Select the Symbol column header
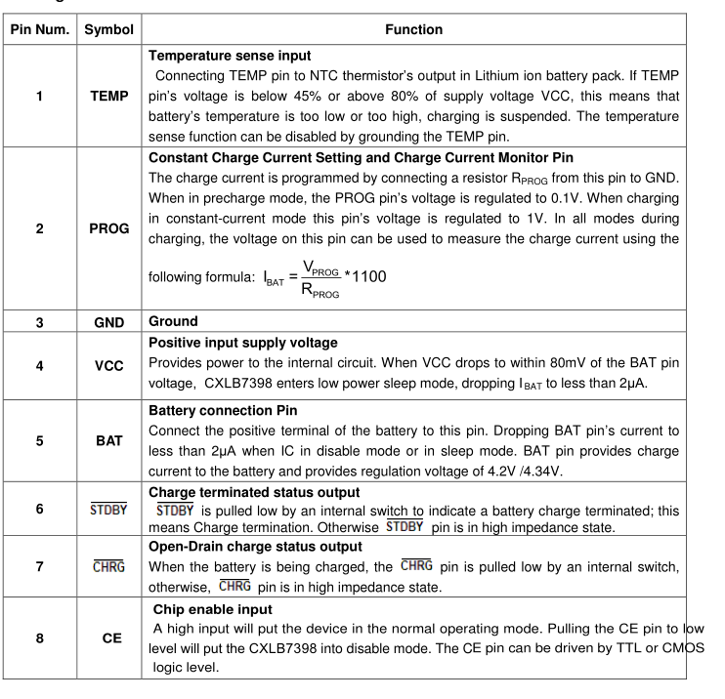point(110,30)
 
